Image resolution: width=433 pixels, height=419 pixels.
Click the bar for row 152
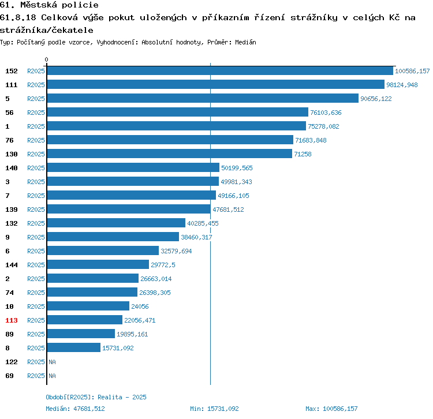point(220,70)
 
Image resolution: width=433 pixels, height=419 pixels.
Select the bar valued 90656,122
point(203,98)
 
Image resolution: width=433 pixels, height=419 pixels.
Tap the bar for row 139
point(129,209)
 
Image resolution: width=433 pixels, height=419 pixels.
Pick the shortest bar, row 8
point(74,348)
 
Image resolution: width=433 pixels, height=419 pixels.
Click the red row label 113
point(12,320)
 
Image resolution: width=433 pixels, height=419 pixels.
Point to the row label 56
point(9,113)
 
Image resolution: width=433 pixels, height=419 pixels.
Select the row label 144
point(12,265)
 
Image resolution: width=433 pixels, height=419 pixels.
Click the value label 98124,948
point(402,85)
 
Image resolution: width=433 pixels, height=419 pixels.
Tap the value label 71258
point(303,154)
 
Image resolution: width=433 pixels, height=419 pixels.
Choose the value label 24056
point(140,306)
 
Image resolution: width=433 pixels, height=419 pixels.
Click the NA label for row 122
point(52,362)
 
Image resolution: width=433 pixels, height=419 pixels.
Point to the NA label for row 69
point(52,376)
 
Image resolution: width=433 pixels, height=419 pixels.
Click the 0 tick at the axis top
point(46,59)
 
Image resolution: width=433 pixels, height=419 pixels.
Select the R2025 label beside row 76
point(36,140)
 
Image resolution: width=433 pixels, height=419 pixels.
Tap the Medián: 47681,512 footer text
point(76,409)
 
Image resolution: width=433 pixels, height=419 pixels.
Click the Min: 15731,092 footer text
point(214,409)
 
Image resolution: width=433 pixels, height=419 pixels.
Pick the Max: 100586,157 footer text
point(331,409)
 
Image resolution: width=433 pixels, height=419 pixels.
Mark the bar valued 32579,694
point(103,250)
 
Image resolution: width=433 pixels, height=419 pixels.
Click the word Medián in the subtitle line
point(245,42)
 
